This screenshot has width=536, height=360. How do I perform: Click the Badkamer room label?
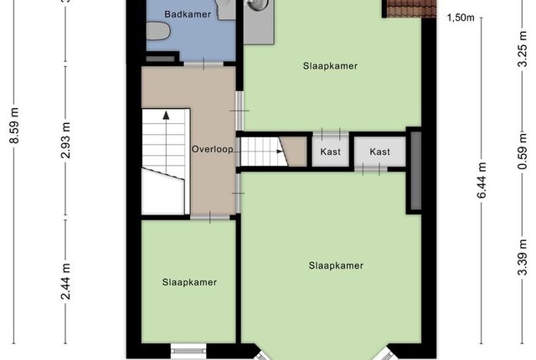pos(188,14)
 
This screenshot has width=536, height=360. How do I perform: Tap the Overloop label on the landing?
pos(212,149)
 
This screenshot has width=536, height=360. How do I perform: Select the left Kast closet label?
pos(330,152)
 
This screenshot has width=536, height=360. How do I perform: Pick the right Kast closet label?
pos(379,152)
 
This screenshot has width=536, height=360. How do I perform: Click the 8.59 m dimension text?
pos(14,126)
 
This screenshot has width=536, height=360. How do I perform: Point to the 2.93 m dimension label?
pos(65,140)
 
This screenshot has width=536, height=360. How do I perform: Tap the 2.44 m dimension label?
pos(65,281)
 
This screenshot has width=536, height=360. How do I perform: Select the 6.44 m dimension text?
pos(482,180)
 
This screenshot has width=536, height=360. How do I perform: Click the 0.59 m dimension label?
pos(523,151)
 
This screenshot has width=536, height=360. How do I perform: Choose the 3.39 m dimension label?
pos(523,257)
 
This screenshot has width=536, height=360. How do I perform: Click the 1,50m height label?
pos(461,18)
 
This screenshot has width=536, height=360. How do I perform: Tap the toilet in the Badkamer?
pos(158,31)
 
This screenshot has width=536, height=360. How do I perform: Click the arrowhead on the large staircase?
pos(166,115)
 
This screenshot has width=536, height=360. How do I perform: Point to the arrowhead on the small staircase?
pos(280,152)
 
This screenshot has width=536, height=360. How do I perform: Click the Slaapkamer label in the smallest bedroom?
pos(189,282)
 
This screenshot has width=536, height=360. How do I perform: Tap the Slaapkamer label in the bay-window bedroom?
pos(336,265)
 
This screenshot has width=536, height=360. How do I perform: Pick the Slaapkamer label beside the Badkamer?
pos(330,66)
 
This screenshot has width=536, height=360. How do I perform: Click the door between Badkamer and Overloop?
pos(204,64)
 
